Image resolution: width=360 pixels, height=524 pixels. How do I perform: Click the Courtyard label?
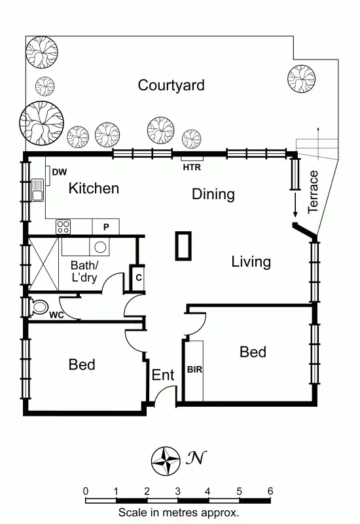pos(171,85)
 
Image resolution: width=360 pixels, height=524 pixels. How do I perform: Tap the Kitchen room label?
pos(94,189)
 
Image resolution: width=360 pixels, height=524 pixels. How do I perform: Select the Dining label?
pos(213,194)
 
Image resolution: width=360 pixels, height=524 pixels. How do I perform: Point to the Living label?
pos(251,262)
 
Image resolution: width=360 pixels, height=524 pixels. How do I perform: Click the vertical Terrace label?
pos(314,192)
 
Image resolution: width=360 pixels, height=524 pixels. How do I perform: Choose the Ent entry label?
pos(163,375)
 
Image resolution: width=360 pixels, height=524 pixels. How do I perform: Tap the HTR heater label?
pos(192,167)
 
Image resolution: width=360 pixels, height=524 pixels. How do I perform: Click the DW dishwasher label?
pos(60,172)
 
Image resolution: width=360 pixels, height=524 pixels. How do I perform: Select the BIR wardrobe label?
pos(194,369)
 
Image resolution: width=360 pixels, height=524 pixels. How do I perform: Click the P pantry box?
pos(105,227)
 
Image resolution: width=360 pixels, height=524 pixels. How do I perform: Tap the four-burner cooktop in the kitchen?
pos(63,227)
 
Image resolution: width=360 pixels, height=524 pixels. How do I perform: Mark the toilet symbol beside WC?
pos(39,307)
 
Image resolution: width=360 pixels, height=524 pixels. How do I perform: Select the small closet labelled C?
pos(139,277)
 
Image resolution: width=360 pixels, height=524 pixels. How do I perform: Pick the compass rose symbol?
pos(166,460)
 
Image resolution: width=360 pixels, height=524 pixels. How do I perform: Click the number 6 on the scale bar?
pos(269,491)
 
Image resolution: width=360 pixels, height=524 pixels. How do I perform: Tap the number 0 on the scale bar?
pos(86,491)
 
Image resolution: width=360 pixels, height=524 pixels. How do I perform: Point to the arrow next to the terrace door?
pos(295,206)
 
